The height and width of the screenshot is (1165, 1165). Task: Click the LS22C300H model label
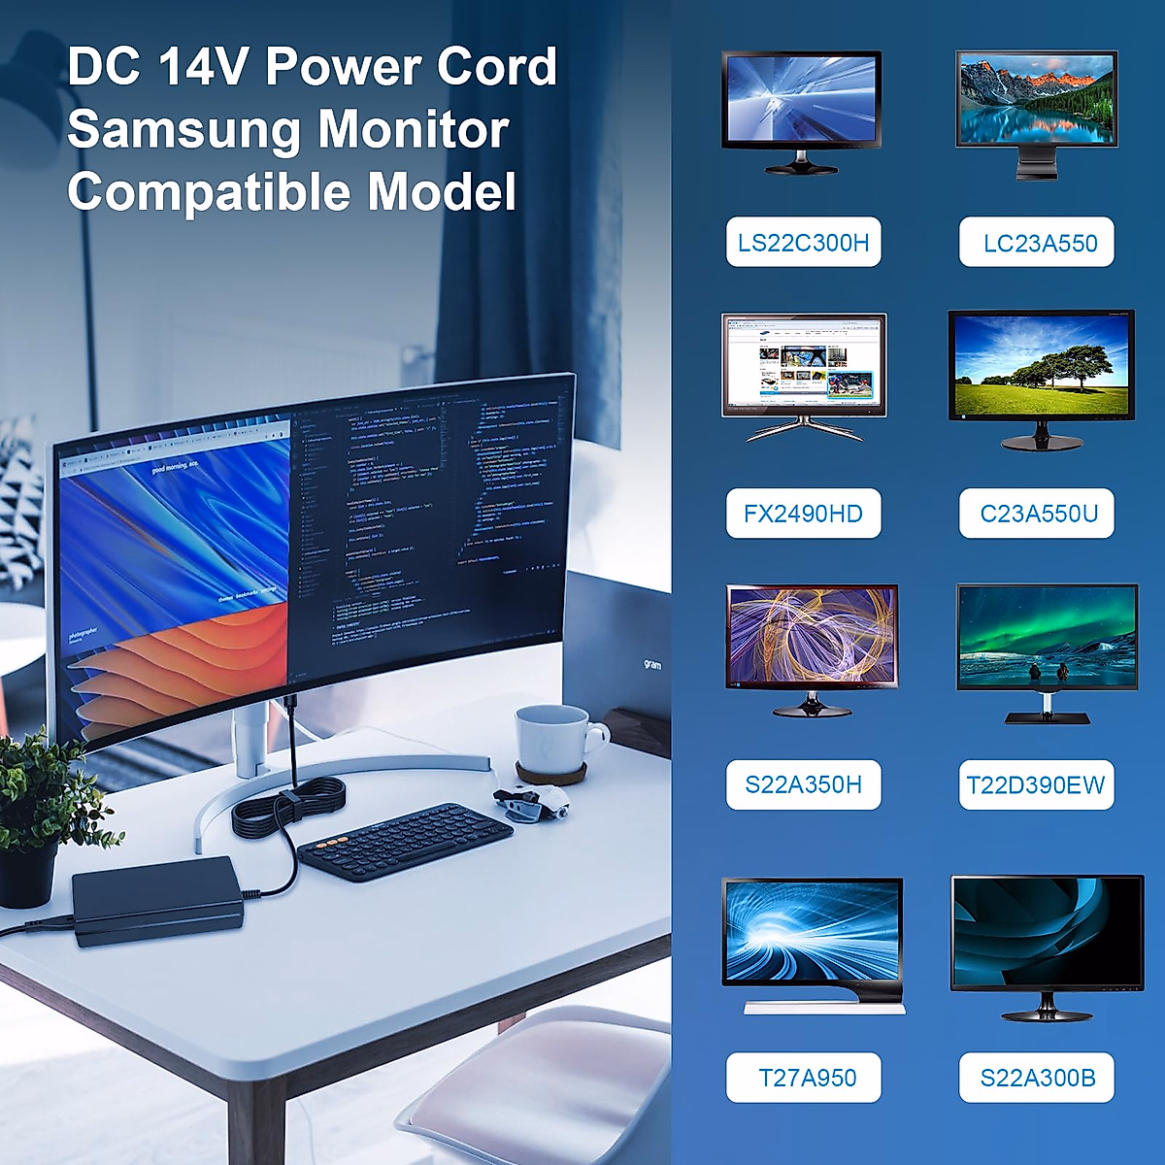click(803, 242)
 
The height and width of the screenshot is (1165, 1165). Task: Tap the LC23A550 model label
click(1037, 242)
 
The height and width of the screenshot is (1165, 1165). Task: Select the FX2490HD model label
click(803, 514)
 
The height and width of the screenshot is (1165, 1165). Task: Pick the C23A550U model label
click(1037, 514)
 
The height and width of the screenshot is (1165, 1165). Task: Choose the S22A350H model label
click(803, 784)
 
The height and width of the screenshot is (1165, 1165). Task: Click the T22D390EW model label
click(1036, 784)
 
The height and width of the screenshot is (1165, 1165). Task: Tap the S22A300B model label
click(1037, 1078)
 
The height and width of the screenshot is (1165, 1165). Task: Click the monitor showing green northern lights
click(1046, 639)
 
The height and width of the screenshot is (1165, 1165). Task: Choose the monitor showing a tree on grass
click(1041, 367)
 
